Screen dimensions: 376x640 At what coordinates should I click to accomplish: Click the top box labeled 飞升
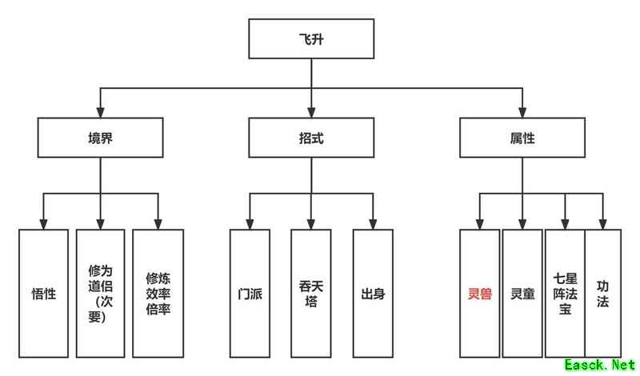click(x=311, y=38)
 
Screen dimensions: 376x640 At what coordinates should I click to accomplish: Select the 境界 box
click(x=100, y=138)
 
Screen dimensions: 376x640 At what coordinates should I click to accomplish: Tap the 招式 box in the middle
click(x=311, y=138)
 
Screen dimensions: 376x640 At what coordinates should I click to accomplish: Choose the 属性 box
click(x=522, y=138)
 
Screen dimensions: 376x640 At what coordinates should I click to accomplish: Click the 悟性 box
click(x=43, y=293)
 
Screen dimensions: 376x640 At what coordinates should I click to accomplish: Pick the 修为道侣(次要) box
click(x=100, y=293)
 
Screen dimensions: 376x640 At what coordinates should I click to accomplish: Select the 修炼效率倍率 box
click(x=158, y=293)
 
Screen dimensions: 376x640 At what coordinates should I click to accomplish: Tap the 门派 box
click(x=250, y=293)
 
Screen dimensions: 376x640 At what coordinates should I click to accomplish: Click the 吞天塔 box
click(x=311, y=293)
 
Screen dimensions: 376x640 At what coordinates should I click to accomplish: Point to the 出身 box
click(x=373, y=293)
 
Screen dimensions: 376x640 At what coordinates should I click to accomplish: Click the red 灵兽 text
click(x=479, y=293)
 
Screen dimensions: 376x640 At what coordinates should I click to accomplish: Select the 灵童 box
click(x=522, y=293)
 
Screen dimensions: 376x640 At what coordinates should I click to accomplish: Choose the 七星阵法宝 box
click(x=565, y=293)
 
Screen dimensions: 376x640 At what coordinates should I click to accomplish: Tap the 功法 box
click(x=603, y=293)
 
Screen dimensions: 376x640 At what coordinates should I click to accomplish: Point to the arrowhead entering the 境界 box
click(x=100, y=113)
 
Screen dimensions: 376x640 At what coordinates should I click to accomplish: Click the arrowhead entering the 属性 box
click(x=522, y=113)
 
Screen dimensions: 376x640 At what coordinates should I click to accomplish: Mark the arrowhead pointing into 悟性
click(x=43, y=224)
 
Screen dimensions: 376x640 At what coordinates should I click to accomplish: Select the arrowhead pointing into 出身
click(x=373, y=224)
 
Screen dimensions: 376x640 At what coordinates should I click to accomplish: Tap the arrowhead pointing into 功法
click(x=603, y=224)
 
